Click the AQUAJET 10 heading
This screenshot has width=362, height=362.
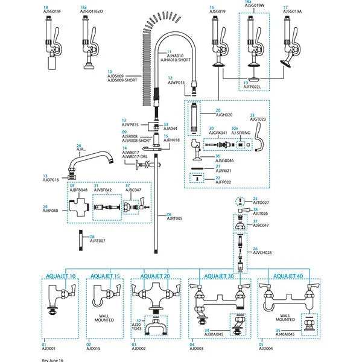pos(61,276)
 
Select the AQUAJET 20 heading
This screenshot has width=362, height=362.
pos(155,276)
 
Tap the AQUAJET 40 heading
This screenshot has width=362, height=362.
pos(287,276)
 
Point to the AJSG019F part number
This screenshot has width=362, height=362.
pos(52,11)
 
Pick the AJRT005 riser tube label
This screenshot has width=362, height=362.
pos(174,218)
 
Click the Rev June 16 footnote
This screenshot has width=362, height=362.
pos(53,358)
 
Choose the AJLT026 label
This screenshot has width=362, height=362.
pos(260,214)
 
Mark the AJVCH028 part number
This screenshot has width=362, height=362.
pos(264,252)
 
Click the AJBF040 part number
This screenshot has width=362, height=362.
pos(50,211)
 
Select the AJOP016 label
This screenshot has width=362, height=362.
pos(51,180)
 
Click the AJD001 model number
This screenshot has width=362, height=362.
pos(49,348)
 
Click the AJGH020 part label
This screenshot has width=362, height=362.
pos(224,115)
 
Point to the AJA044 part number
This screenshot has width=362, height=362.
pos(171,129)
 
